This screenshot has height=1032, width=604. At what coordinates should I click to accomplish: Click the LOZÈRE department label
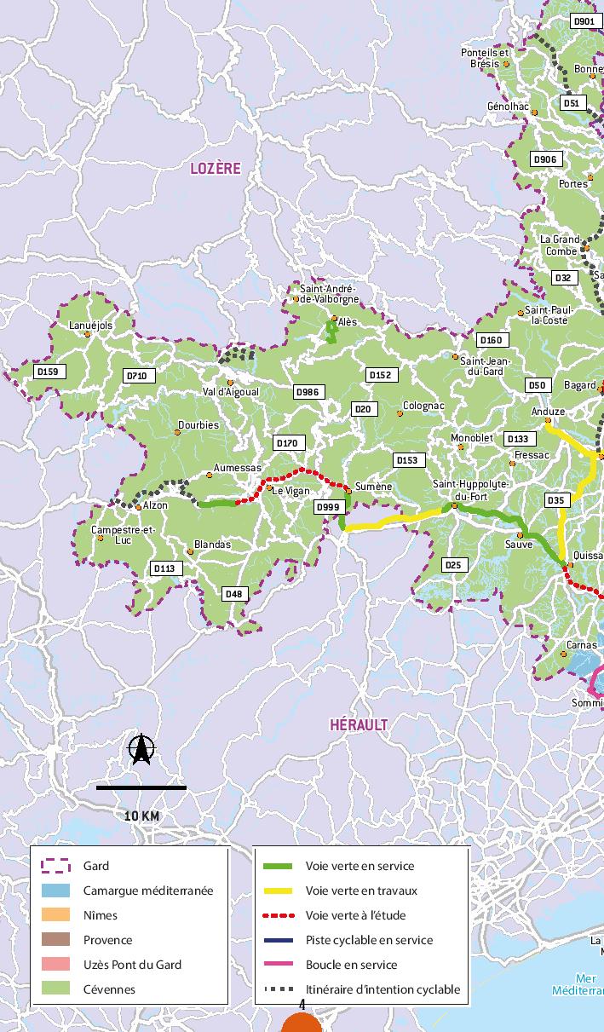pos(215,169)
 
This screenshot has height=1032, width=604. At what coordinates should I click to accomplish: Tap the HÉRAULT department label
pos(359,724)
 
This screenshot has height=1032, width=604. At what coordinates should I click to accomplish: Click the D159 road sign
pos(48,372)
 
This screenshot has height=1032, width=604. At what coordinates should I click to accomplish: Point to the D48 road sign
pos(233,594)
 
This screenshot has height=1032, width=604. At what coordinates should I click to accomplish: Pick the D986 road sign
pos(308,392)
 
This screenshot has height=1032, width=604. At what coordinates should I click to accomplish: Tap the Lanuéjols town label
pos(90,325)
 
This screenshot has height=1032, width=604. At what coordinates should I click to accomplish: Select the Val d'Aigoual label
pos(230,392)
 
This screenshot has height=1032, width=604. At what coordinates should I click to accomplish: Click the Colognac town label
pos(423,406)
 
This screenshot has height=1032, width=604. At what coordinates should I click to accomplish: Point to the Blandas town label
pos(212,544)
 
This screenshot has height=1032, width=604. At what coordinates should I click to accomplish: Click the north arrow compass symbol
pos(141,749)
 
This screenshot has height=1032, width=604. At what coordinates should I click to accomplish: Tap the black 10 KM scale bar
pos(141,787)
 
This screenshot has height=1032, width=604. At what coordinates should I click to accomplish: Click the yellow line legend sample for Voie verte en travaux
pos(278,891)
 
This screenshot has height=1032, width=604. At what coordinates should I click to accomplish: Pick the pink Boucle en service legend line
pos(278,965)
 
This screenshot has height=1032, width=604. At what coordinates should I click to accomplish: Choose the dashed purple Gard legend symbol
pos(56,866)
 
